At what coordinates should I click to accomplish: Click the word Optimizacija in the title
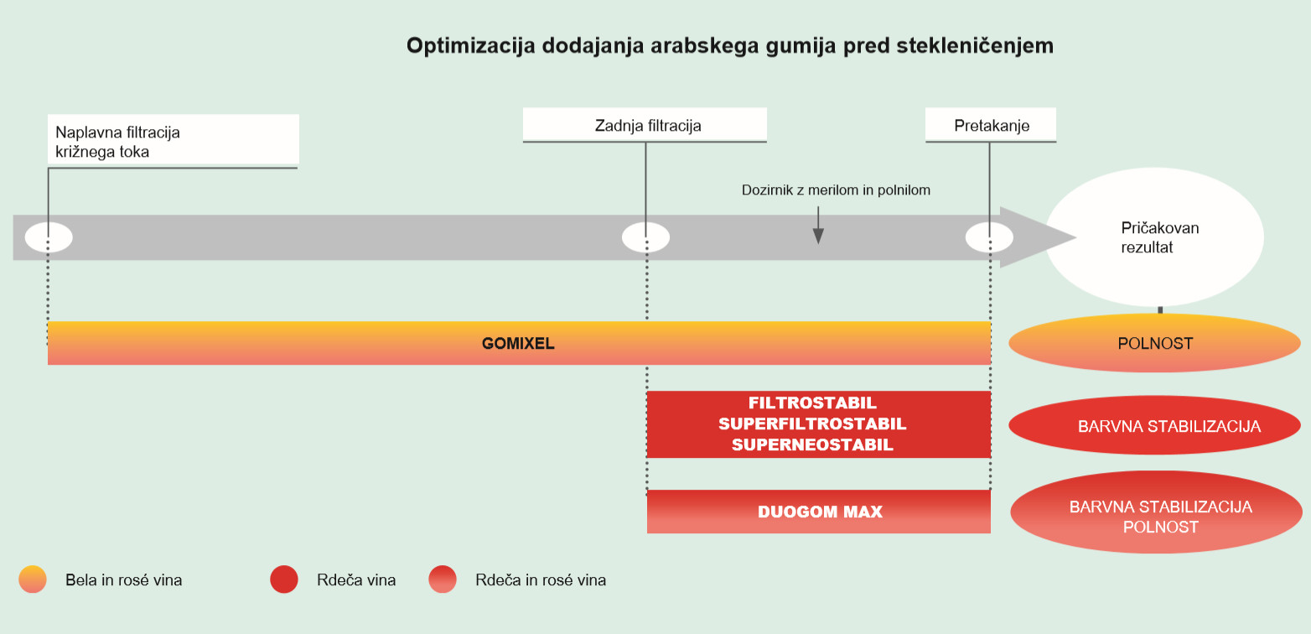[x=470, y=45]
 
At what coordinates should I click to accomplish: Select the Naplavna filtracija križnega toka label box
[x=174, y=141]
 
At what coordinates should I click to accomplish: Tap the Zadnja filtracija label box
[x=645, y=125]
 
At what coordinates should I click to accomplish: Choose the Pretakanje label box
[x=991, y=125]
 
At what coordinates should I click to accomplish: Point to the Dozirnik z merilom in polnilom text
[x=836, y=190]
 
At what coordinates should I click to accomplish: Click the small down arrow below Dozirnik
[x=818, y=225]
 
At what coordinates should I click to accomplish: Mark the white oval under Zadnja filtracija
[x=645, y=237]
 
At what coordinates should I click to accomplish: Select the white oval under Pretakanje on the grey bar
[x=989, y=237]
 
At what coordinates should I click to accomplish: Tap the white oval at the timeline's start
[x=49, y=237]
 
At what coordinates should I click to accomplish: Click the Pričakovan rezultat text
[x=1159, y=237]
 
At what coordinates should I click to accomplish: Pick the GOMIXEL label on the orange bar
[x=518, y=344]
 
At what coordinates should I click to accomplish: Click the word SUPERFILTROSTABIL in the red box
[x=812, y=424]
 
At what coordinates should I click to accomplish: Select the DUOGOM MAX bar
[x=819, y=511]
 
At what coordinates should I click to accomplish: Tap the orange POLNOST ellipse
[x=1154, y=343]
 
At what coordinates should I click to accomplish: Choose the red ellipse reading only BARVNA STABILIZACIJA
[x=1154, y=425]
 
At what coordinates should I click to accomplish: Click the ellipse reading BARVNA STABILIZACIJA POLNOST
[x=1156, y=512]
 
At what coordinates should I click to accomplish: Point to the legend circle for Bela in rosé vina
[x=33, y=579]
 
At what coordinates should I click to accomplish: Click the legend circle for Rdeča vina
[x=284, y=579]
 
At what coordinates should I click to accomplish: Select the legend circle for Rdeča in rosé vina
[x=443, y=579]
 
